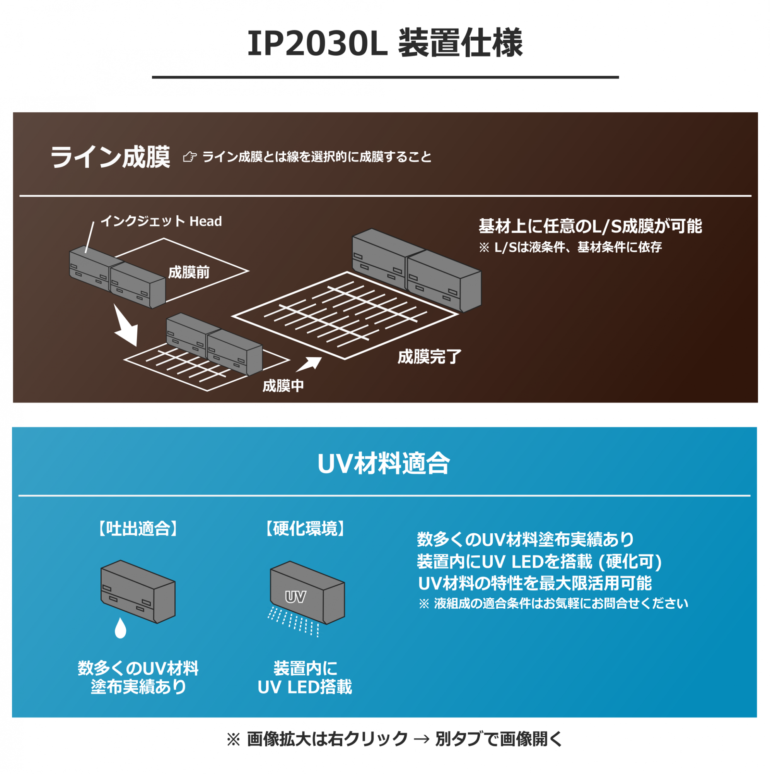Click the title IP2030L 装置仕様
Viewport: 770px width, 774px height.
[385, 43]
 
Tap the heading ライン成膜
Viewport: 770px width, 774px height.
[110, 157]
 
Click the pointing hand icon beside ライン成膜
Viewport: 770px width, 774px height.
[190, 157]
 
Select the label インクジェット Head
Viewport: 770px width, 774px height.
[161, 221]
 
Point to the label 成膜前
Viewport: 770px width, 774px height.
[189, 272]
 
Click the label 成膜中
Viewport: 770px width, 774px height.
[283, 386]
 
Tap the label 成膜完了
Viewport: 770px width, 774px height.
[430, 356]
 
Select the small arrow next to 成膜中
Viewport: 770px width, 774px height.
[309, 364]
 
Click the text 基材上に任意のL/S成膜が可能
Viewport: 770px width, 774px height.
[590, 226]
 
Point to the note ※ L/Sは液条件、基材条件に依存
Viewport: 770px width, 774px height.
[570, 247]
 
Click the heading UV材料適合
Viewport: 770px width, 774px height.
[384, 464]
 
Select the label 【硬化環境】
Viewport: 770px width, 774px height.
[305, 529]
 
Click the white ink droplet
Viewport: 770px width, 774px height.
[121, 628]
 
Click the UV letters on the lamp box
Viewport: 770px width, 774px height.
[295, 597]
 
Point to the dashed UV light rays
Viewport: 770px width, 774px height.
[294, 622]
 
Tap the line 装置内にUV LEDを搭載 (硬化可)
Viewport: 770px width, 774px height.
[540, 561]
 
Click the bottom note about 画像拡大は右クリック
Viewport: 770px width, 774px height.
[395, 739]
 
